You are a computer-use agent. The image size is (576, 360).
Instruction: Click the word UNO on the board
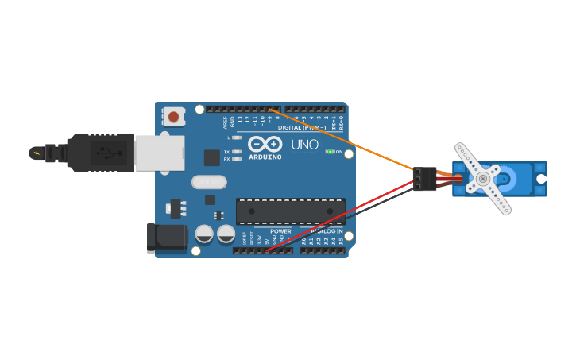point(304,145)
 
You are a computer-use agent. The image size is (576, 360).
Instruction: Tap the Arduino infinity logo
point(265,144)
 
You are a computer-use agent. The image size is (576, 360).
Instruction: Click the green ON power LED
point(330,152)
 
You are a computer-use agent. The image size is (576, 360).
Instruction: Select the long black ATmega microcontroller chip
point(290,211)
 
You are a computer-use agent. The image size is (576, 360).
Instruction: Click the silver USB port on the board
point(159,153)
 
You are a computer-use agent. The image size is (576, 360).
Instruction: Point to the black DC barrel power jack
point(166,238)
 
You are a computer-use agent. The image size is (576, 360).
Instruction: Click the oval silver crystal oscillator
point(208,182)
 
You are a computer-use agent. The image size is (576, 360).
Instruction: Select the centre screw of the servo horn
point(482,179)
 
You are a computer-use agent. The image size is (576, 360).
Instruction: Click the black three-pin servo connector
point(424,179)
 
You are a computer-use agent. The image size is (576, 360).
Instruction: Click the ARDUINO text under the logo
point(265,157)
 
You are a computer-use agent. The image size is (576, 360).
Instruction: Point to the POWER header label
point(280,231)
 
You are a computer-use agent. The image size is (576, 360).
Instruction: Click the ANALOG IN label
point(327,231)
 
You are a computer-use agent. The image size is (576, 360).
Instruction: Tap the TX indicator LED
point(236,151)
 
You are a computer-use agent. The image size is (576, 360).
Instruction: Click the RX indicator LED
point(236,159)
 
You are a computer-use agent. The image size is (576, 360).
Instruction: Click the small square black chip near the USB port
point(211,157)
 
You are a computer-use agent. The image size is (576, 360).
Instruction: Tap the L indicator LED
point(236,137)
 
